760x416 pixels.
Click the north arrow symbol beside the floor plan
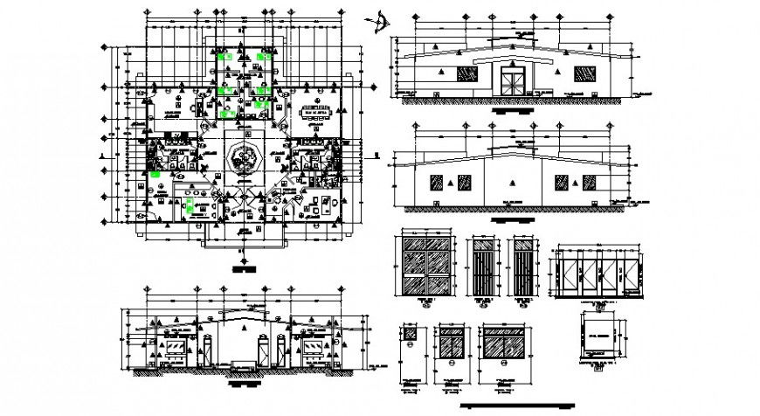pos(381,18)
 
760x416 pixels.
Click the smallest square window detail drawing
pos(408,336)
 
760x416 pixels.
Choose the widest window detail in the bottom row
pos(504,346)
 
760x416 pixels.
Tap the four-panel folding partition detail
pos(597,274)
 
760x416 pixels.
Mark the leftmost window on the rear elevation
pos(434,182)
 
